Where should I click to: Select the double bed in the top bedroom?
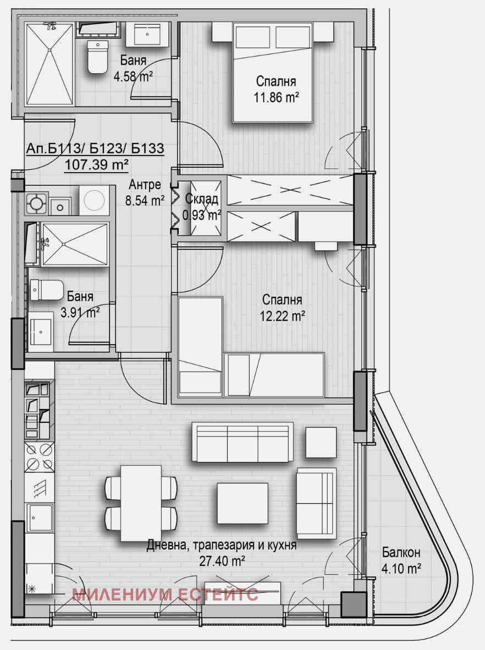[x=273, y=73]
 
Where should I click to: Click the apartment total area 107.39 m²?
[x=96, y=164]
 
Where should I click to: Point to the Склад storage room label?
[x=201, y=199]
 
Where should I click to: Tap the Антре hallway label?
[x=145, y=184]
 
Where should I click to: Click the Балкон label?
[x=401, y=552]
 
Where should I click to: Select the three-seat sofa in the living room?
[x=242, y=442]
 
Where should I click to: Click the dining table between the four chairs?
[x=141, y=503]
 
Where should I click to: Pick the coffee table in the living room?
[x=242, y=503]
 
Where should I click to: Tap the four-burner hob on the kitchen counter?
[x=40, y=457]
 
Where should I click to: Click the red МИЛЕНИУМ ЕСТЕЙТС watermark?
[x=166, y=594]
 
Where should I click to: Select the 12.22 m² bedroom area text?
[x=283, y=316]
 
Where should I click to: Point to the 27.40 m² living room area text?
[x=222, y=561]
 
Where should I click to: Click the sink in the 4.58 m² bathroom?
[x=147, y=35]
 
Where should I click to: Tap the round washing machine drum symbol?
[x=94, y=200]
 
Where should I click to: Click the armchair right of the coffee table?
[x=316, y=503]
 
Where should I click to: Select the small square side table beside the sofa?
[x=321, y=442]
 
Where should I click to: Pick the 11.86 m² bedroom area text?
[x=277, y=98]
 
